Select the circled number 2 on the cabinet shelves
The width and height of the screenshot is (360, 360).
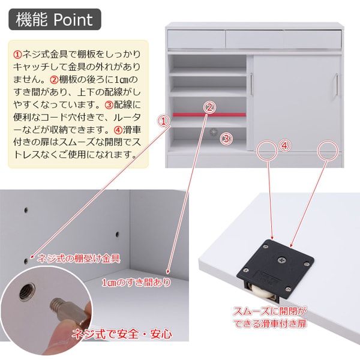click(209, 107)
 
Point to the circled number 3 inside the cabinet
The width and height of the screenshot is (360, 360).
click(226, 139)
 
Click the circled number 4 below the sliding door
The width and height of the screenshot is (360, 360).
click(286, 145)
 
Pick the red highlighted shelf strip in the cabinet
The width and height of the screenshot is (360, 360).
click(209, 114)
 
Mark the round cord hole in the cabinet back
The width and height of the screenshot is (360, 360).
click(212, 131)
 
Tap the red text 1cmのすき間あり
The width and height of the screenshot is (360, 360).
click(136, 283)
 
